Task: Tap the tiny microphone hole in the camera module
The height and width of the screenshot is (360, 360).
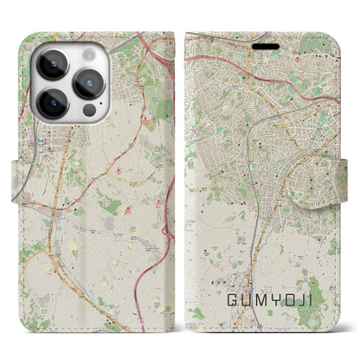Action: coord(72,84)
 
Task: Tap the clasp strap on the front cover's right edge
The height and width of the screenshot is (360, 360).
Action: coord(345,181)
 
